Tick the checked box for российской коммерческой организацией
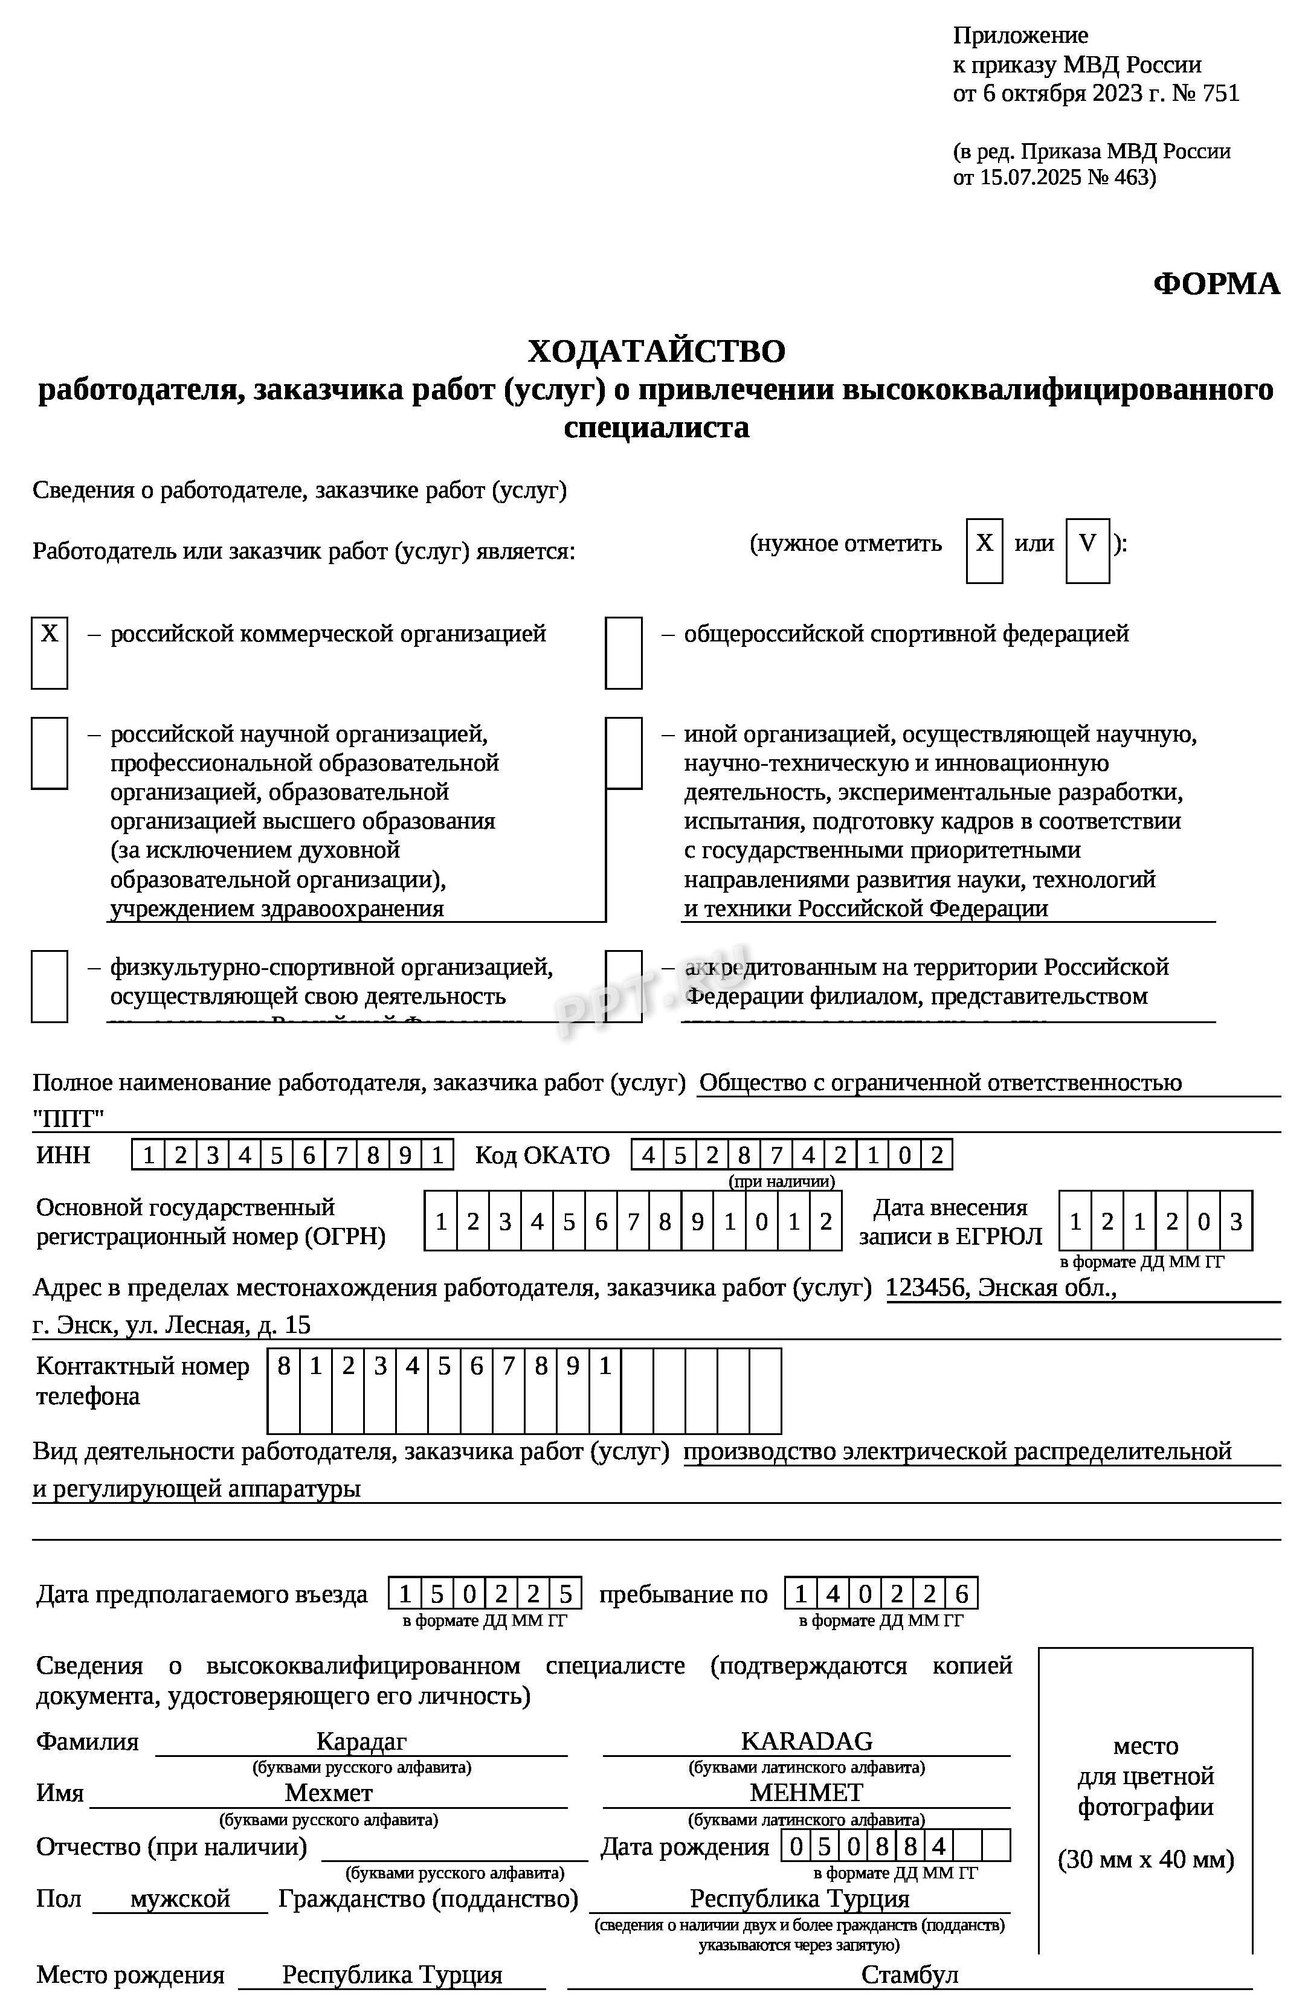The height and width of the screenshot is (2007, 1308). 50,653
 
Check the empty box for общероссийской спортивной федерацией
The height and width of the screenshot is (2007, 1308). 623,653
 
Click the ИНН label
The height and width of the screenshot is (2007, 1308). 63,1154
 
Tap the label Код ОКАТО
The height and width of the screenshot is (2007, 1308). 543,1154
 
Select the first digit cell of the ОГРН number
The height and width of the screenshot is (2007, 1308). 440,1220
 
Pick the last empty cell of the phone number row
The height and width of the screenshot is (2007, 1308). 764,1390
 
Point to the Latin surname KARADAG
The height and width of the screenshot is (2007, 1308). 806,1741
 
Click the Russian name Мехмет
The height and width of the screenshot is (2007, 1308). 328,1792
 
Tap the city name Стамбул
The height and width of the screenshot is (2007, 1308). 909,1974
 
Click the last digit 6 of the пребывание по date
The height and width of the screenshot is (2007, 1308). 961,1594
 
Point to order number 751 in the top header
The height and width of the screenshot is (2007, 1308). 1220,93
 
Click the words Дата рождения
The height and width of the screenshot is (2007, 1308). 684,1847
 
